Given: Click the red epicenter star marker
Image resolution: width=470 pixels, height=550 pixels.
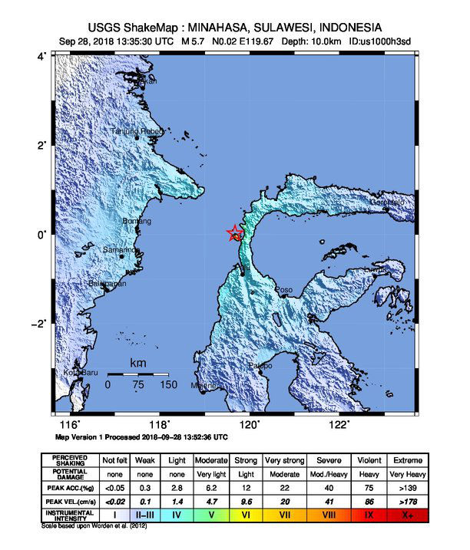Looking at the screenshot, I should pyautogui.click(x=235, y=233).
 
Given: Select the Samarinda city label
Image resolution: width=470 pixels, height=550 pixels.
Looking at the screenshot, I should pyautogui.click(x=121, y=250).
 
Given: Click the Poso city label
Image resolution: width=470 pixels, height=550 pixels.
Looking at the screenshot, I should pyautogui.click(x=283, y=289).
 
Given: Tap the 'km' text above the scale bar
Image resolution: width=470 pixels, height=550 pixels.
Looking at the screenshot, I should pyautogui.click(x=138, y=363).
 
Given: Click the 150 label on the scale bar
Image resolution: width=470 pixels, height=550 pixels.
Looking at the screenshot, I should pyautogui.click(x=168, y=384).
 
